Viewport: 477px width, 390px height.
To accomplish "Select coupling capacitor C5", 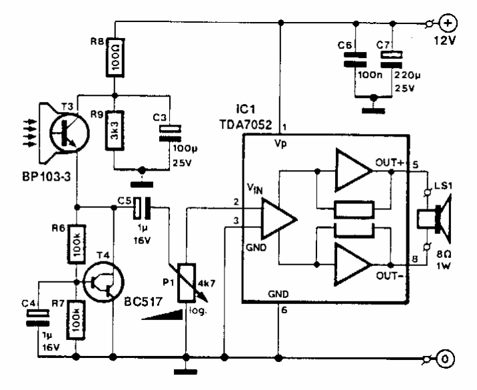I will (144, 207).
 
